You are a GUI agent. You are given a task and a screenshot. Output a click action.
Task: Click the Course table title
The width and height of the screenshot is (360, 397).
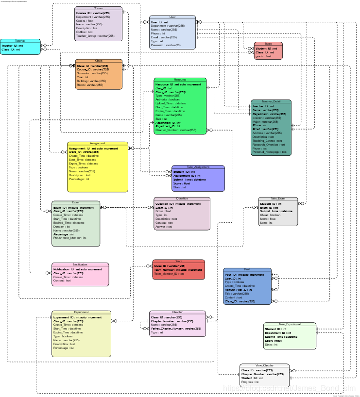(x=98, y=9)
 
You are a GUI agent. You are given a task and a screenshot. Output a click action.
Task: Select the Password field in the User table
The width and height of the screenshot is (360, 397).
(x=166, y=45)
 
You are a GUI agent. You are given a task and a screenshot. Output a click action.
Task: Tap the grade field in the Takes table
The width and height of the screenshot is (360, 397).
(x=263, y=56)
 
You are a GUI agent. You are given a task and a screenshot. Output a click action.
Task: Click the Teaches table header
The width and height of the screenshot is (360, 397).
(x=20, y=41)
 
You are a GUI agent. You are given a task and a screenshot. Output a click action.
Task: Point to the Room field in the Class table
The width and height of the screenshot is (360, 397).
(x=86, y=85)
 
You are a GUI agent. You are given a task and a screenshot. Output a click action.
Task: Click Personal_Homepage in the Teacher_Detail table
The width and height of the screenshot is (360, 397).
(x=270, y=152)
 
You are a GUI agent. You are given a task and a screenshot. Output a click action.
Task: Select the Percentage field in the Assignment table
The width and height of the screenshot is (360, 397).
(x=79, y=179)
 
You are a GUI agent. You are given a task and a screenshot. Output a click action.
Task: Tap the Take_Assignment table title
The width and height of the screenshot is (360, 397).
(x=198, y=167)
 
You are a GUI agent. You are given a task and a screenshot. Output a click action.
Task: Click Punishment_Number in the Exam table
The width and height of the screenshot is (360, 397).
(x=69, y=238)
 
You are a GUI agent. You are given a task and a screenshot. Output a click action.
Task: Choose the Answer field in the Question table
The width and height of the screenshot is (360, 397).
(x=164, y=227)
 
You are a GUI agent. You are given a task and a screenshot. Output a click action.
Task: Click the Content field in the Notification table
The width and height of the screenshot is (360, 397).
(x=62, y=281)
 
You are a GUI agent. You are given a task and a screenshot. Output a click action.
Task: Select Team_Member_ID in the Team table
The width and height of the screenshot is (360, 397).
(x=169, y=274)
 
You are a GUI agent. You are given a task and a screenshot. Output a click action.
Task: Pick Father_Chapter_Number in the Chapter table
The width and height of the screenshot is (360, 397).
(x=176, y=329)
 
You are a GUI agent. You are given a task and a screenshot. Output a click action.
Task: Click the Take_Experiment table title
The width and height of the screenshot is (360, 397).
(x=290, y=324)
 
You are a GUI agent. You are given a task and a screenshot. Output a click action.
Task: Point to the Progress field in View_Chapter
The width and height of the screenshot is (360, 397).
(x=251, y=382)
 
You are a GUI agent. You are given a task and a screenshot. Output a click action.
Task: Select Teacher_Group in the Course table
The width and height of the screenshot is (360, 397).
(x=95, y=36)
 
